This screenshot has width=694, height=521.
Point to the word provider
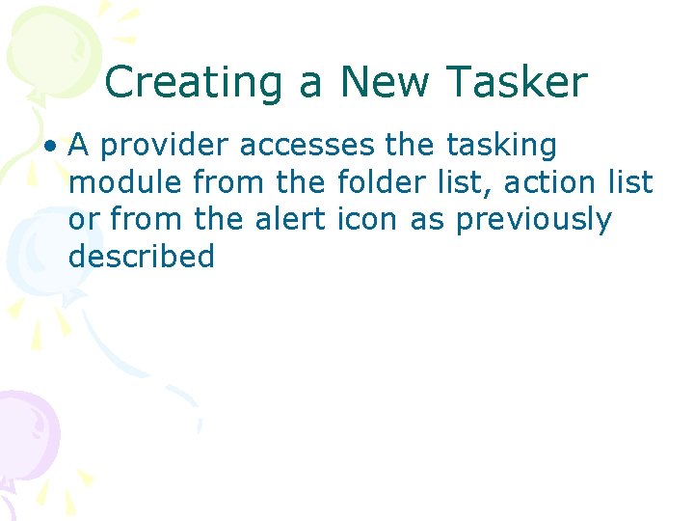coord(164,147)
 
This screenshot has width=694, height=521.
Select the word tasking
coord(501,147)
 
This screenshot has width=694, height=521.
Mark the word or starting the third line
coord(83,220)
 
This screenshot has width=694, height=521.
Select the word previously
coord(534,220)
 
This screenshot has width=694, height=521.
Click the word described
coord(141,257)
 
